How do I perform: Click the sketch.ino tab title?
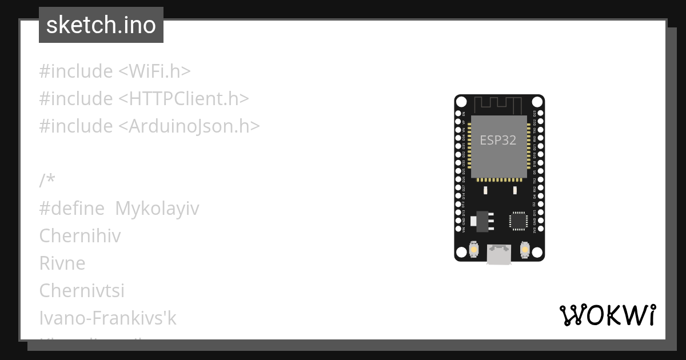click(101, 25)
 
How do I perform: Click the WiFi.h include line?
click(115, 71)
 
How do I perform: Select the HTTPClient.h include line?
click(144, 99)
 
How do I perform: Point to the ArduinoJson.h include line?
click(150, 126)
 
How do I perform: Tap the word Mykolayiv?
click(157, 209)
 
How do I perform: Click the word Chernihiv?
click(80, 236)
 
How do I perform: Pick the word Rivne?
click(62, 263)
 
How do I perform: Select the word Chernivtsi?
click(82, 291)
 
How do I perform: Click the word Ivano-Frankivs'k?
click(108, 318)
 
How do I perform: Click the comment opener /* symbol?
click(47, 181)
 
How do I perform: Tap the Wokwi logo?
click(608, 315)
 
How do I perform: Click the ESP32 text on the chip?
click(498, 141)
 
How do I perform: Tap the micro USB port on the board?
click(499, 254)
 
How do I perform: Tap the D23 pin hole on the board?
click(541, 114)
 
